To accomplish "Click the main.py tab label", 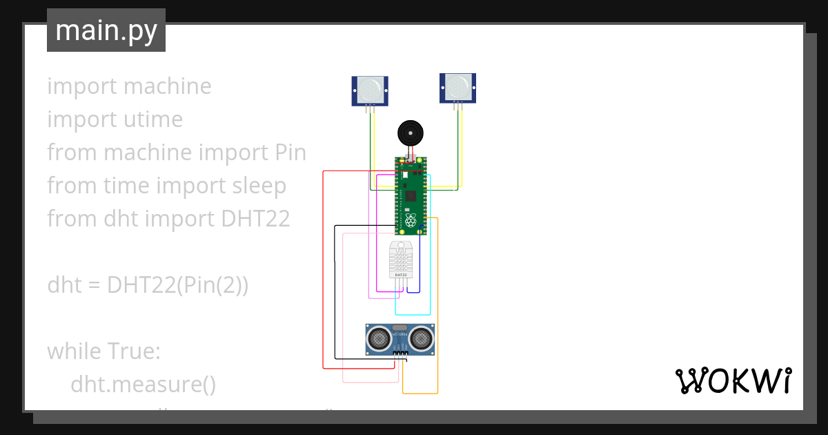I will pos(106,31).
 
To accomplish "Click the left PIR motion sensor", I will pos(369,90).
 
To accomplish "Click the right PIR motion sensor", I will pos(457,88).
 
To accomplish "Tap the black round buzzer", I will pos(411,133).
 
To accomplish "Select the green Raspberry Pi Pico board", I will pos(411,196).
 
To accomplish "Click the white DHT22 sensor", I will pos(400,260).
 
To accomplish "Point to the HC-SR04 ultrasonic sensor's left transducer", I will pos(379,338).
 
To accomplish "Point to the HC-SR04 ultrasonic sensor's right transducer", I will pos(420,338).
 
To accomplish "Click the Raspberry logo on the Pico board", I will pos(411,222).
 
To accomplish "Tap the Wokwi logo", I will pos(733,380).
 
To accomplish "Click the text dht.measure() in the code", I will pos(143,385).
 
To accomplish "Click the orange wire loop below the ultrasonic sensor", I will pos(420,394).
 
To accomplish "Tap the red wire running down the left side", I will pos(323,276).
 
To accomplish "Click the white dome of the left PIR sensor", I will pos(369,88).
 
